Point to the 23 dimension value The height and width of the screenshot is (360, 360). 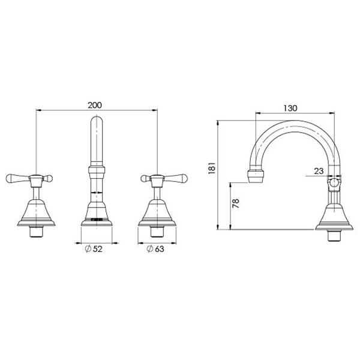coord(318,170)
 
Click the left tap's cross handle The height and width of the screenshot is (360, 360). coord(30,178)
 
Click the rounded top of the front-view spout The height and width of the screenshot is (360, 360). coord(97,123)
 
